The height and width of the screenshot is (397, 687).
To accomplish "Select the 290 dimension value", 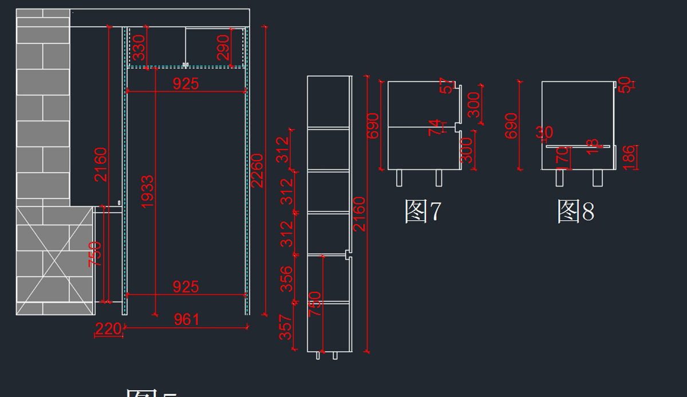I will [223, 47].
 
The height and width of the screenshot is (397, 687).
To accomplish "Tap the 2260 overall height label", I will [257, 170].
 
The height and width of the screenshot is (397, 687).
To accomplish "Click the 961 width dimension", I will [186, 320].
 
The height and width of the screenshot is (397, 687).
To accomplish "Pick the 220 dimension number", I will [108, 329].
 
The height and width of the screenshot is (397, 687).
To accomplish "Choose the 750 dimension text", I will [95, 254].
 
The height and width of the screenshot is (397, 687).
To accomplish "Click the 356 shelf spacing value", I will [286, 279].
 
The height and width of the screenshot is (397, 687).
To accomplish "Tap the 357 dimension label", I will [286, 327].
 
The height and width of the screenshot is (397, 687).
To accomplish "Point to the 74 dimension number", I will [435, 128].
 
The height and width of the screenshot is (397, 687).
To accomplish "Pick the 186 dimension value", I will [629, 157].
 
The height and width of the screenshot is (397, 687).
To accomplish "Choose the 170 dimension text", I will [563, 158].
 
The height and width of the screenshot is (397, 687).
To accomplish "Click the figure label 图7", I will [423, 212].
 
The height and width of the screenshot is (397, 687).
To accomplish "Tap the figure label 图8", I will [575, 212].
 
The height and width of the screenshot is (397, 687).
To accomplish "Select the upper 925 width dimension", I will [186, 84].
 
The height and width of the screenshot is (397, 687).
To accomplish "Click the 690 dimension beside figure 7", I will [373, 125].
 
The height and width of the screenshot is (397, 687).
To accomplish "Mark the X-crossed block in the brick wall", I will [54, 254].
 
